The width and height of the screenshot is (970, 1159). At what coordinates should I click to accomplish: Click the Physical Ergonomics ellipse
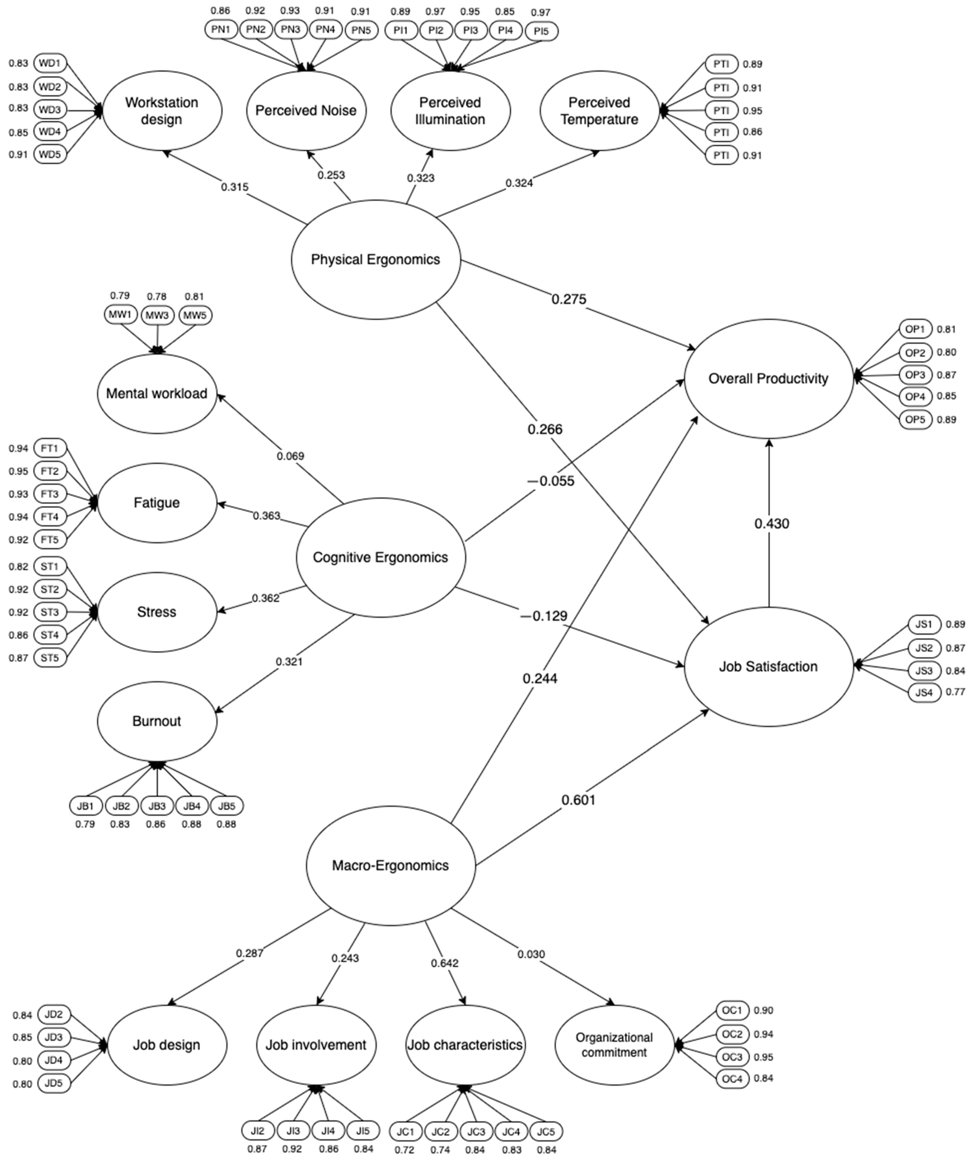(x=376, y=259)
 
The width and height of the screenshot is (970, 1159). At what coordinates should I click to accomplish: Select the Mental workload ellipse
(x=157, y=393)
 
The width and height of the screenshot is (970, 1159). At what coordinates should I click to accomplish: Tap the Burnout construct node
(x=157, y=721)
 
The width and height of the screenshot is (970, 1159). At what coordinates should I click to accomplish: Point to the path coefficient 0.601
(x=578, y=800)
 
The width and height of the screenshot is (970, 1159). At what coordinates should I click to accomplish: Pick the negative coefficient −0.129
(x=544, y=616)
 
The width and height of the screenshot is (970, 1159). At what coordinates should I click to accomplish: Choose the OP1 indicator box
(x=915, y=330)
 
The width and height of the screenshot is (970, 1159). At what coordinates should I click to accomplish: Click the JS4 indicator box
(x=924, y=692)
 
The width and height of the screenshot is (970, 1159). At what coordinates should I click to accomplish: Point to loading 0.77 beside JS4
(x=955, y=692)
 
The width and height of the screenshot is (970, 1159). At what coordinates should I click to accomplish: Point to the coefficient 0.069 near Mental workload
(x=290, y=456)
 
